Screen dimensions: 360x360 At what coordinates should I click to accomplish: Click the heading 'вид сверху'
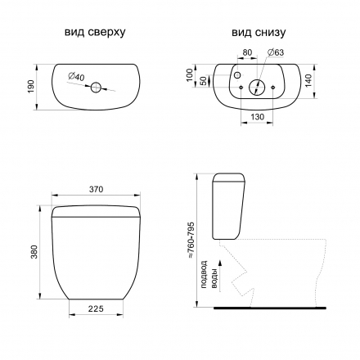pos(95,32)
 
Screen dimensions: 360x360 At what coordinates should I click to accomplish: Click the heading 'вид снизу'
pos(259,32)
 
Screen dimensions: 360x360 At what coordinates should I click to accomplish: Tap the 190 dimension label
pos(31,87)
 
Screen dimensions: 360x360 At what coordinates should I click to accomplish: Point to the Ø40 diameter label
pos(77,77)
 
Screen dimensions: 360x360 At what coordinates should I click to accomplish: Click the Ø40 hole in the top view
pos(96,88)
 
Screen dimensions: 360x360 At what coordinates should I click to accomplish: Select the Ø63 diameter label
pos(276,52)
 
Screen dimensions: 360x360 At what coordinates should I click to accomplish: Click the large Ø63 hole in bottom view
pos(257,88)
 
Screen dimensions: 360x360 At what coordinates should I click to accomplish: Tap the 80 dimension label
pos(247,52)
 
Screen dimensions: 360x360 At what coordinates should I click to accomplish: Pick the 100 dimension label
pos(190,74)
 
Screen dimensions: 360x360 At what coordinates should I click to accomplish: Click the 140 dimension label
pos(308,81)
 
